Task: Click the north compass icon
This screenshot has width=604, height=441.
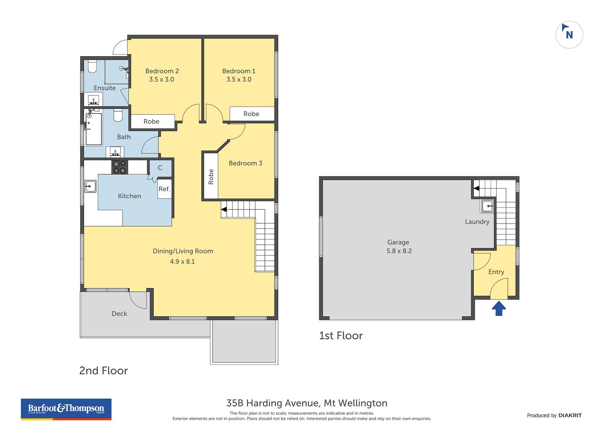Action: point(569,35)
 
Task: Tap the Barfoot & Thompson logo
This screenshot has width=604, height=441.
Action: point(66,409)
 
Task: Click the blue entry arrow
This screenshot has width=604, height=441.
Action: point(499,309)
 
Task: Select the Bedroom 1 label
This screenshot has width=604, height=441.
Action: point(239,71)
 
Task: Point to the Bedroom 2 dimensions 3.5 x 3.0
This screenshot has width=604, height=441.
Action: point(162,79)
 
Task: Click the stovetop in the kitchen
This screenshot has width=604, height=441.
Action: point(119,167)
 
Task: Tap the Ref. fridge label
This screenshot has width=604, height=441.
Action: point(164,189)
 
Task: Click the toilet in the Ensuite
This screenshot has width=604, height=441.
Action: point(92,66)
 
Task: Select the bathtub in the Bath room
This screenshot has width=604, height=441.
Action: point(93,129)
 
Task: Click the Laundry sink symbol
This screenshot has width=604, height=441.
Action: point(487,206)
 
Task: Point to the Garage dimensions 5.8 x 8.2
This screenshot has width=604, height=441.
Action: point(399,251)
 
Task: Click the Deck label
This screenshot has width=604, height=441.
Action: point(119,314)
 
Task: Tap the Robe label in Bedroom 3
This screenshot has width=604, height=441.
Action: point(211,176)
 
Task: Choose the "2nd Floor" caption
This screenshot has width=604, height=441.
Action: point(103,370)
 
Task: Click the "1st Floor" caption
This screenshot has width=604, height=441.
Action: point(341,336)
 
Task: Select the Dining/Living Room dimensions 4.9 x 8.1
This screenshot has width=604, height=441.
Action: point(183,261)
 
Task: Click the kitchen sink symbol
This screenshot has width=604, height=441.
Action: point(91,186)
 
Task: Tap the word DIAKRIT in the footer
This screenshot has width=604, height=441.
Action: point(570,416)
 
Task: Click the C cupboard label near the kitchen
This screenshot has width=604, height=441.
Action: point(160,168)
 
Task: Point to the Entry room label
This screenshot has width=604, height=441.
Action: point(496,272)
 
